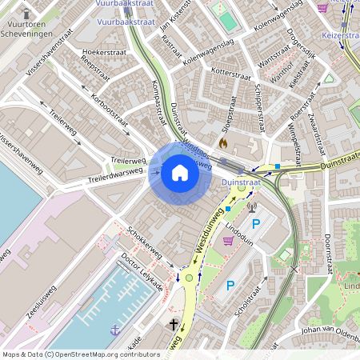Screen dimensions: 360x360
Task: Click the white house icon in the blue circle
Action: (179, 172)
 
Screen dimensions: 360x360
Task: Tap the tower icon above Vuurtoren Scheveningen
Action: (26, 14)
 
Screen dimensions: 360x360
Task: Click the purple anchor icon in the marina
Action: (115, 329)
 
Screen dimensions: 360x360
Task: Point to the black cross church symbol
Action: (174, 325)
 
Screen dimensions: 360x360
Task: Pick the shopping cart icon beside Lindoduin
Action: (228, 240)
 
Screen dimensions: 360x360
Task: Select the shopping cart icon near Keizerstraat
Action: (322, 8)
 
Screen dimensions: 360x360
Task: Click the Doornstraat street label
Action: (326, 250)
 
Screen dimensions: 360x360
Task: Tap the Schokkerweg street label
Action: (145, 241)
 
